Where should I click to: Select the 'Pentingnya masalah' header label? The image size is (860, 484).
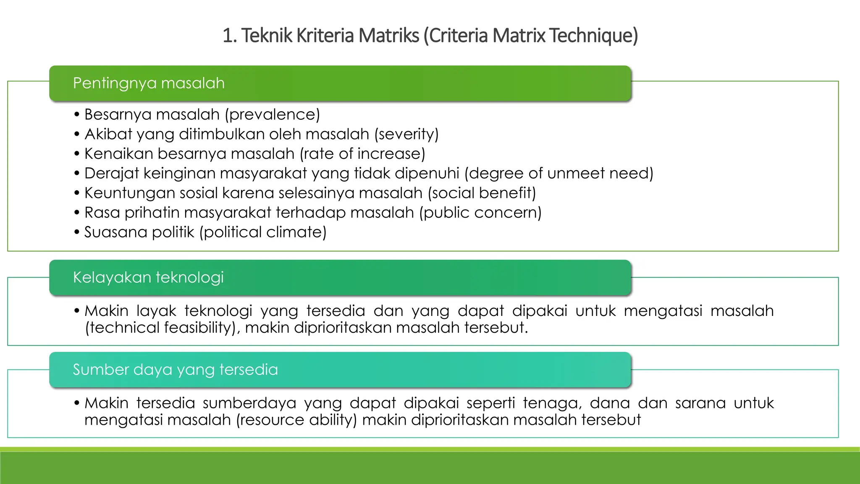(149, 83)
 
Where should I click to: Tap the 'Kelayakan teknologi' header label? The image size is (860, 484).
(148, 277)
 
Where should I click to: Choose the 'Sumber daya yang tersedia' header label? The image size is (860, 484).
(175, 370)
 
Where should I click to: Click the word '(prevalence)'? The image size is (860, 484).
(272, 115)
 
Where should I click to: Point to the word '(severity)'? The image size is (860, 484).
(406, 134)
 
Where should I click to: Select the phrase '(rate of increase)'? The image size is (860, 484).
(362, 154)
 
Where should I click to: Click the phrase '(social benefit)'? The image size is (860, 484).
(482, 193)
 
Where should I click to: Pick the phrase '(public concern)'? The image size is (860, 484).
(480, 213)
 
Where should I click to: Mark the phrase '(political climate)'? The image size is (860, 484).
(262, 232)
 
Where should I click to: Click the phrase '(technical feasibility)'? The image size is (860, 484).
(160, 328)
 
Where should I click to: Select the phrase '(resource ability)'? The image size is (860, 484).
(296, 420)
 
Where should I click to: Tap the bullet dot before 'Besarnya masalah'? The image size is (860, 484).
(76, 115)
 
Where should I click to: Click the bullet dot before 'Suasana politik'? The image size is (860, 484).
(76, 232)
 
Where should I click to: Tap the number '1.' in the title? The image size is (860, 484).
(230, 35)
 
